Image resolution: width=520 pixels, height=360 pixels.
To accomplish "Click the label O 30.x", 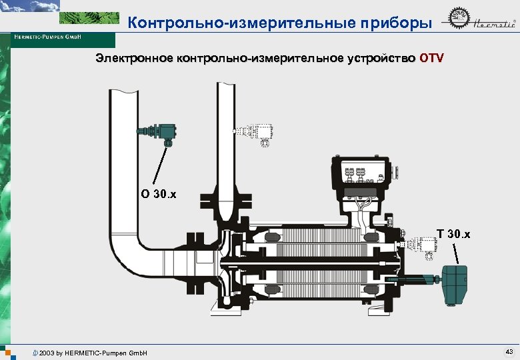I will (159, 195).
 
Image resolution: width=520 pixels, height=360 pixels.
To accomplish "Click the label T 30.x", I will (453, 234).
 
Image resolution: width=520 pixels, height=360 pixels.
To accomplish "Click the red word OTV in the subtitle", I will (431, 58).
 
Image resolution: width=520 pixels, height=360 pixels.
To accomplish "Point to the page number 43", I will (509, 351).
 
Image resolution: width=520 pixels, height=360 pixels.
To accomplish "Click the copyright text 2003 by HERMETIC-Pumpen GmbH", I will (93, 352).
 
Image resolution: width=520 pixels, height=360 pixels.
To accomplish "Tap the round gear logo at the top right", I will (456, 23).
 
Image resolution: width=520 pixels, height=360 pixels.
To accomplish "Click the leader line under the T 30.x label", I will (456, 253).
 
